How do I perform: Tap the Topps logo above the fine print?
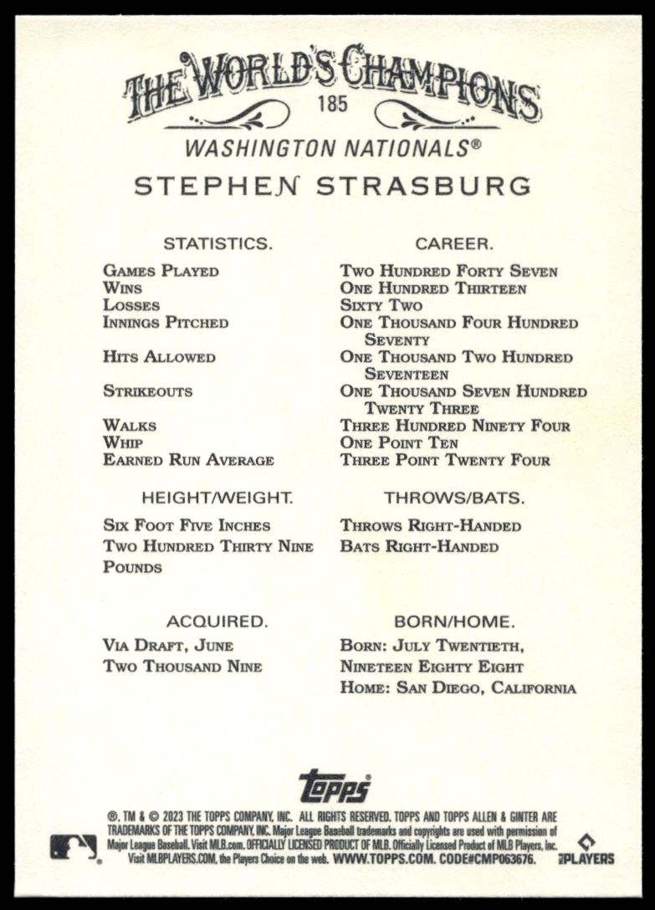335,786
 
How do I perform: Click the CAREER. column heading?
454,243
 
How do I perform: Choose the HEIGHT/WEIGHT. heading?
217,498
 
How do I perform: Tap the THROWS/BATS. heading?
454,498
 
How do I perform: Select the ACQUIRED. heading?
217,621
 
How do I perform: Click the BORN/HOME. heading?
454,621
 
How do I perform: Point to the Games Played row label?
161,271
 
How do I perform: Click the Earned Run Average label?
188,460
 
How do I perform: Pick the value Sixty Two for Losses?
381,305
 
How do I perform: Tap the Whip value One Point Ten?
399,442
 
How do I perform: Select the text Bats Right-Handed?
419,547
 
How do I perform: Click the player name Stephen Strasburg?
332,186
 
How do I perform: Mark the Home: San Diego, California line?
458,688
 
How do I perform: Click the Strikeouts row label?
147,391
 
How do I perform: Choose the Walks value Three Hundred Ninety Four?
455,426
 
